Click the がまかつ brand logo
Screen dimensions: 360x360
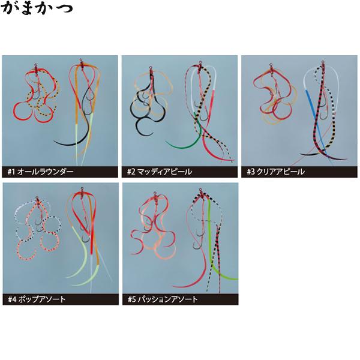click(x=37, y=8)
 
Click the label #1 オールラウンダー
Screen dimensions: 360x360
click(x=40, y=172)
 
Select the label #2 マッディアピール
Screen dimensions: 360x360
click(x=160, y=172)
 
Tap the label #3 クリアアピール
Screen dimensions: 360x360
click(x=276, y=172)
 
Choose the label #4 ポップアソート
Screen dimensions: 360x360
click(x=37, y=299)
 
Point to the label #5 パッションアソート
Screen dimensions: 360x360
click(x=163, y=299)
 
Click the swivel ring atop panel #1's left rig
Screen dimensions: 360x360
click(x=36, y=65)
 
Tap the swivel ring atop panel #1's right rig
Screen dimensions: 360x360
click(x=81, y=61)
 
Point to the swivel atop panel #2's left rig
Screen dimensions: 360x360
click(x=151, y=68)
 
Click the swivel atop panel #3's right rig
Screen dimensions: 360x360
click(x=323, y=62)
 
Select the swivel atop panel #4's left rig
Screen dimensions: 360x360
click(x=37, y=198)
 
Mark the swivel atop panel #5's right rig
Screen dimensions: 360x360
click(x=201, y=190)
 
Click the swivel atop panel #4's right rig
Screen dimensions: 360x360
click(x=82, y=189)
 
